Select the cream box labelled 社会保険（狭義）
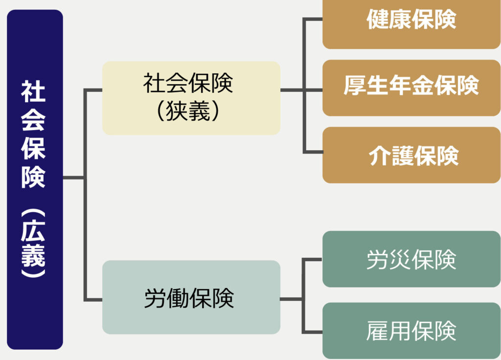[x=191, y=98]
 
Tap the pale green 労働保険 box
[x=191, y=297]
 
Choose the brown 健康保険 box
[x=411, y=24]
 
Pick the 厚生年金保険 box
[x=411, y=88]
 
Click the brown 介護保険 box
[x=411, y=155]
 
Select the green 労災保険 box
[x=411, y=259]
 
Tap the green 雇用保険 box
[x=411, y=331]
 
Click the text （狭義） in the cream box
[x=188, y=112]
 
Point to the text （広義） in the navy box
[x=33, y=245]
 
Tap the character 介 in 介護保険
[x=379, y=156]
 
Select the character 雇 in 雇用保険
[x=377, y=331]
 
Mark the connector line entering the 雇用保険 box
[x=313, y=331]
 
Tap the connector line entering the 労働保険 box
[x=93, y=298]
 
